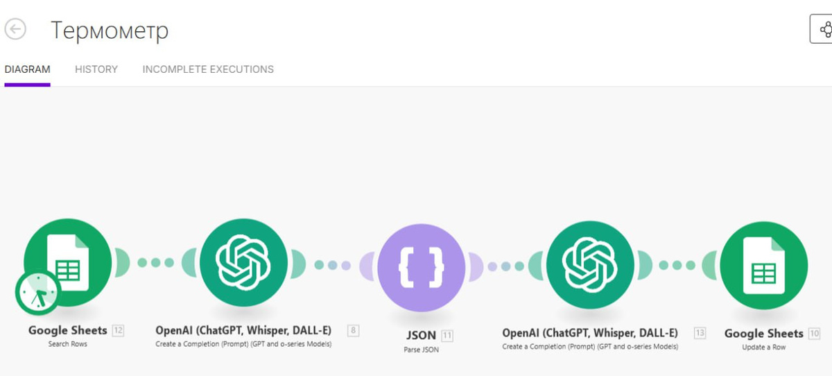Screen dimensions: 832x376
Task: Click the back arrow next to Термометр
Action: (15, 30)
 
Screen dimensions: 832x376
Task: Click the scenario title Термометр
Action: (110, 31)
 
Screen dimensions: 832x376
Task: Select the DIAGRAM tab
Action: (27, 69)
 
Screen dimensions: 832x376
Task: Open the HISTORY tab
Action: (96, 69)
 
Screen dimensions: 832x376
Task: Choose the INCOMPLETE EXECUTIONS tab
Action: (208, 69)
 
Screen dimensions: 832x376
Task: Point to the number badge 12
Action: (118, 330)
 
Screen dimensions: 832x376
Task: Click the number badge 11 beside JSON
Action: (447, 336)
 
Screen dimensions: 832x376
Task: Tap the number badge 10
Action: (814, 334)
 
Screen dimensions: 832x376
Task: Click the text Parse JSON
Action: (421, 350)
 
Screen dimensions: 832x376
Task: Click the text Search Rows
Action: (68, 344)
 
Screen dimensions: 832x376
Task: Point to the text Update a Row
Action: (763, 347)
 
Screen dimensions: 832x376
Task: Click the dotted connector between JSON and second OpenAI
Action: (506, 266)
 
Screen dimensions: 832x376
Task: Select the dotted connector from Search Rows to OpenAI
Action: (155, 263)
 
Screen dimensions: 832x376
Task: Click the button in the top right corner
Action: (824, 30)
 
